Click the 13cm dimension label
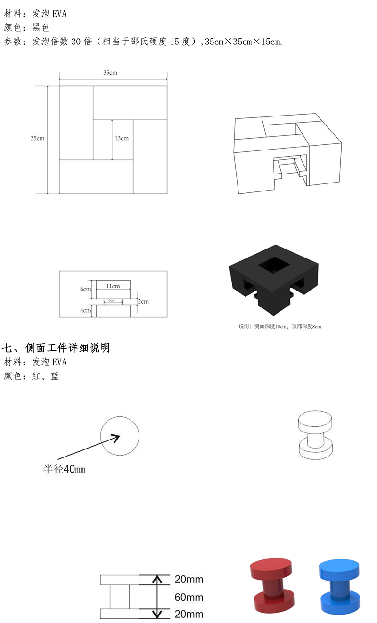[122, 138]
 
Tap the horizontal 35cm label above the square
[110, 73]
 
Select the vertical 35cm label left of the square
[38, 138]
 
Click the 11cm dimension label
[113, 286]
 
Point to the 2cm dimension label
[143, 301]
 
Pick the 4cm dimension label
[86, 310]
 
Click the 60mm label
[189, 597]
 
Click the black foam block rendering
[274, 280]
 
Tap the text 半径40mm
[65, 469]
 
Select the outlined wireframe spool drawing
[315, 435]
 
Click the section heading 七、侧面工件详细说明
[56, 348]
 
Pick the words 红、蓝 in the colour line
[45, 376]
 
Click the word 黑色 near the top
[41, 27]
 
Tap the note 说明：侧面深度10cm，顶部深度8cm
[280, 326]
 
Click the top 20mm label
[189, 579]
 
